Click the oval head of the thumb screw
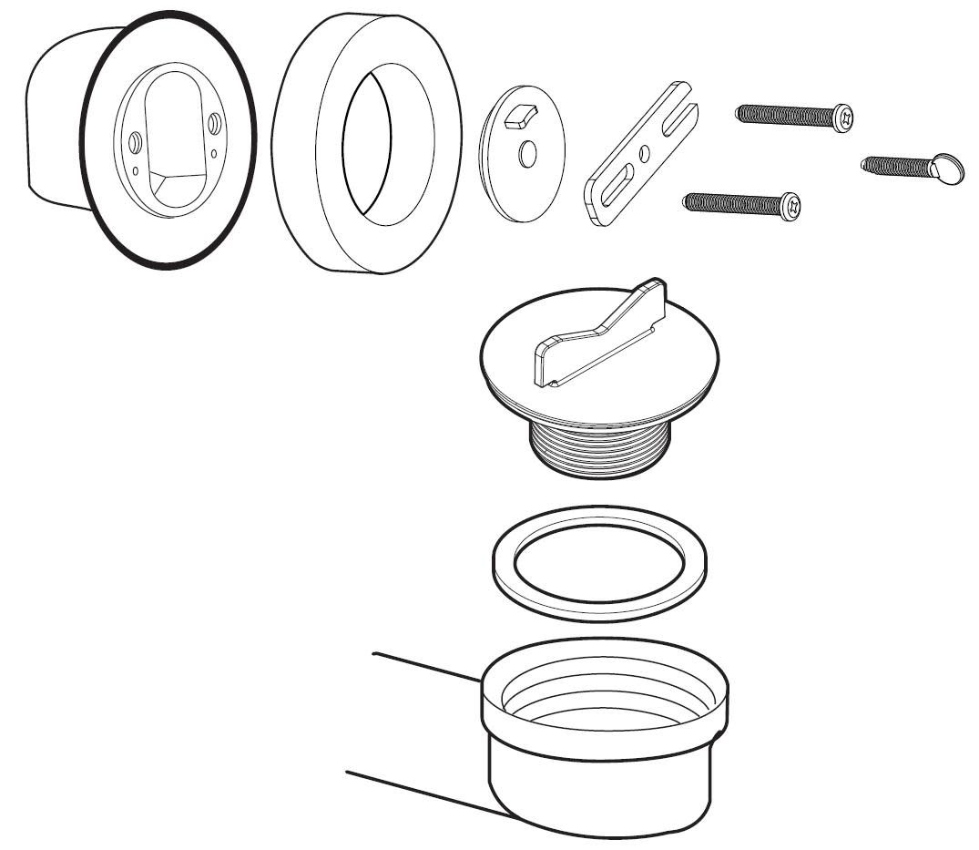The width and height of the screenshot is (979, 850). click(950, 169)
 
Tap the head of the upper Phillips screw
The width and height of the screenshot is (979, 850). click(841, 117)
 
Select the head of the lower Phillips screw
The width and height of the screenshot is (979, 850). click(790, 206)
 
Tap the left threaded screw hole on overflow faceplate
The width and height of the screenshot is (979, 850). click(134, 142)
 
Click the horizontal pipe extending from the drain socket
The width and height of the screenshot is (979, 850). click(419, 729)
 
